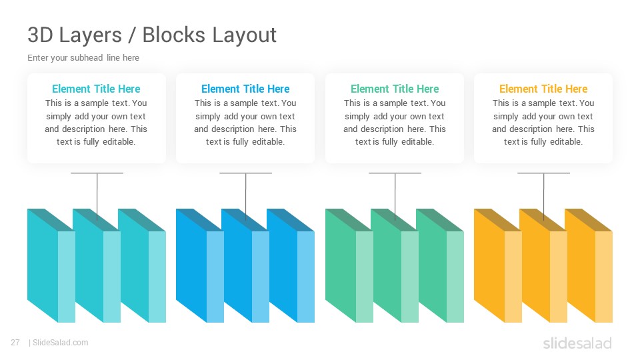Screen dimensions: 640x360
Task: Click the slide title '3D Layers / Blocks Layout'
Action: (x=152, y=35)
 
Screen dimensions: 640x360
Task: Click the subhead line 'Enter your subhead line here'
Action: (x=83, y=57)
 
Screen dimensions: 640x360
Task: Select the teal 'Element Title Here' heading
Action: (x=96, y=89)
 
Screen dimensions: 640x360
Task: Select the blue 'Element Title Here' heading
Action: (x=245, y=89)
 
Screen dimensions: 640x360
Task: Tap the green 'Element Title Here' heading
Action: (x=395, y=89)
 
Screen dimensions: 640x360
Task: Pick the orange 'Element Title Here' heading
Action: (x=543, y=89)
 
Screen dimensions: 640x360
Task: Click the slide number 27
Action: (x=15, y=343)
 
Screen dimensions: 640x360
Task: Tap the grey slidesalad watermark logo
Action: (x=577, y=343)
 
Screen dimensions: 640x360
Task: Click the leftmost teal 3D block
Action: (x=51, y=266)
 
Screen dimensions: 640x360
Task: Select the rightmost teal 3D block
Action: (x=142, y=266)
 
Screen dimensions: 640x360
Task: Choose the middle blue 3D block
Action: (x=245, y=266)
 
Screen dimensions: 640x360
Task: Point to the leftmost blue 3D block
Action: (x=200, y=266)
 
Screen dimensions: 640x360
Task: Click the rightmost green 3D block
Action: (x=440, y=266)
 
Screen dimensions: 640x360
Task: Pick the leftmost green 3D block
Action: (x=349, y=266)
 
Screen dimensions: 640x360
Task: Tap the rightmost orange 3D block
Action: (x=589, y=266)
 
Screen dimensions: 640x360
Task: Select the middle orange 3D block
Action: (x=543, y=266)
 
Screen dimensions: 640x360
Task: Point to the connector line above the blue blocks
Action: (x=246, y=196)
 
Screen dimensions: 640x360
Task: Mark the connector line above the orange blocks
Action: (x=544, y=196)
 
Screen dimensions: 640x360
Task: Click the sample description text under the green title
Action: (x=395, y=123)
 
